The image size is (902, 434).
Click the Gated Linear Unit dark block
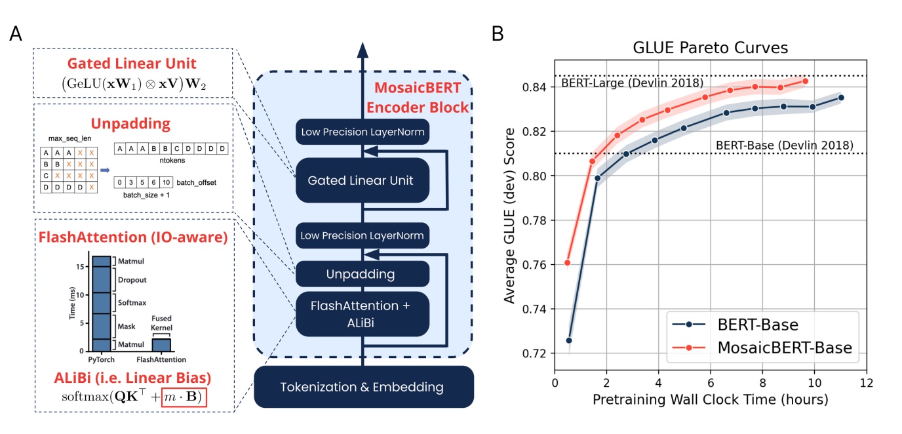(362, 180)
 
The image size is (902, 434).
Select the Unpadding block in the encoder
(362, 273)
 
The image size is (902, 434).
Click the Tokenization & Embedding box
(364, 387)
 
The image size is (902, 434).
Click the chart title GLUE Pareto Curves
(710, 48)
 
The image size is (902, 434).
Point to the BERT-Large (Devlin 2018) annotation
(633, 83)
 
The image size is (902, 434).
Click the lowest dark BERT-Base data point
(569, 340)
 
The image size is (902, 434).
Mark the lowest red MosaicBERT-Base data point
(568, 263)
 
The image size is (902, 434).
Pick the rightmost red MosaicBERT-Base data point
(806, 81)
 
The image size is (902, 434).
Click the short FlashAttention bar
(161, 345)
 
